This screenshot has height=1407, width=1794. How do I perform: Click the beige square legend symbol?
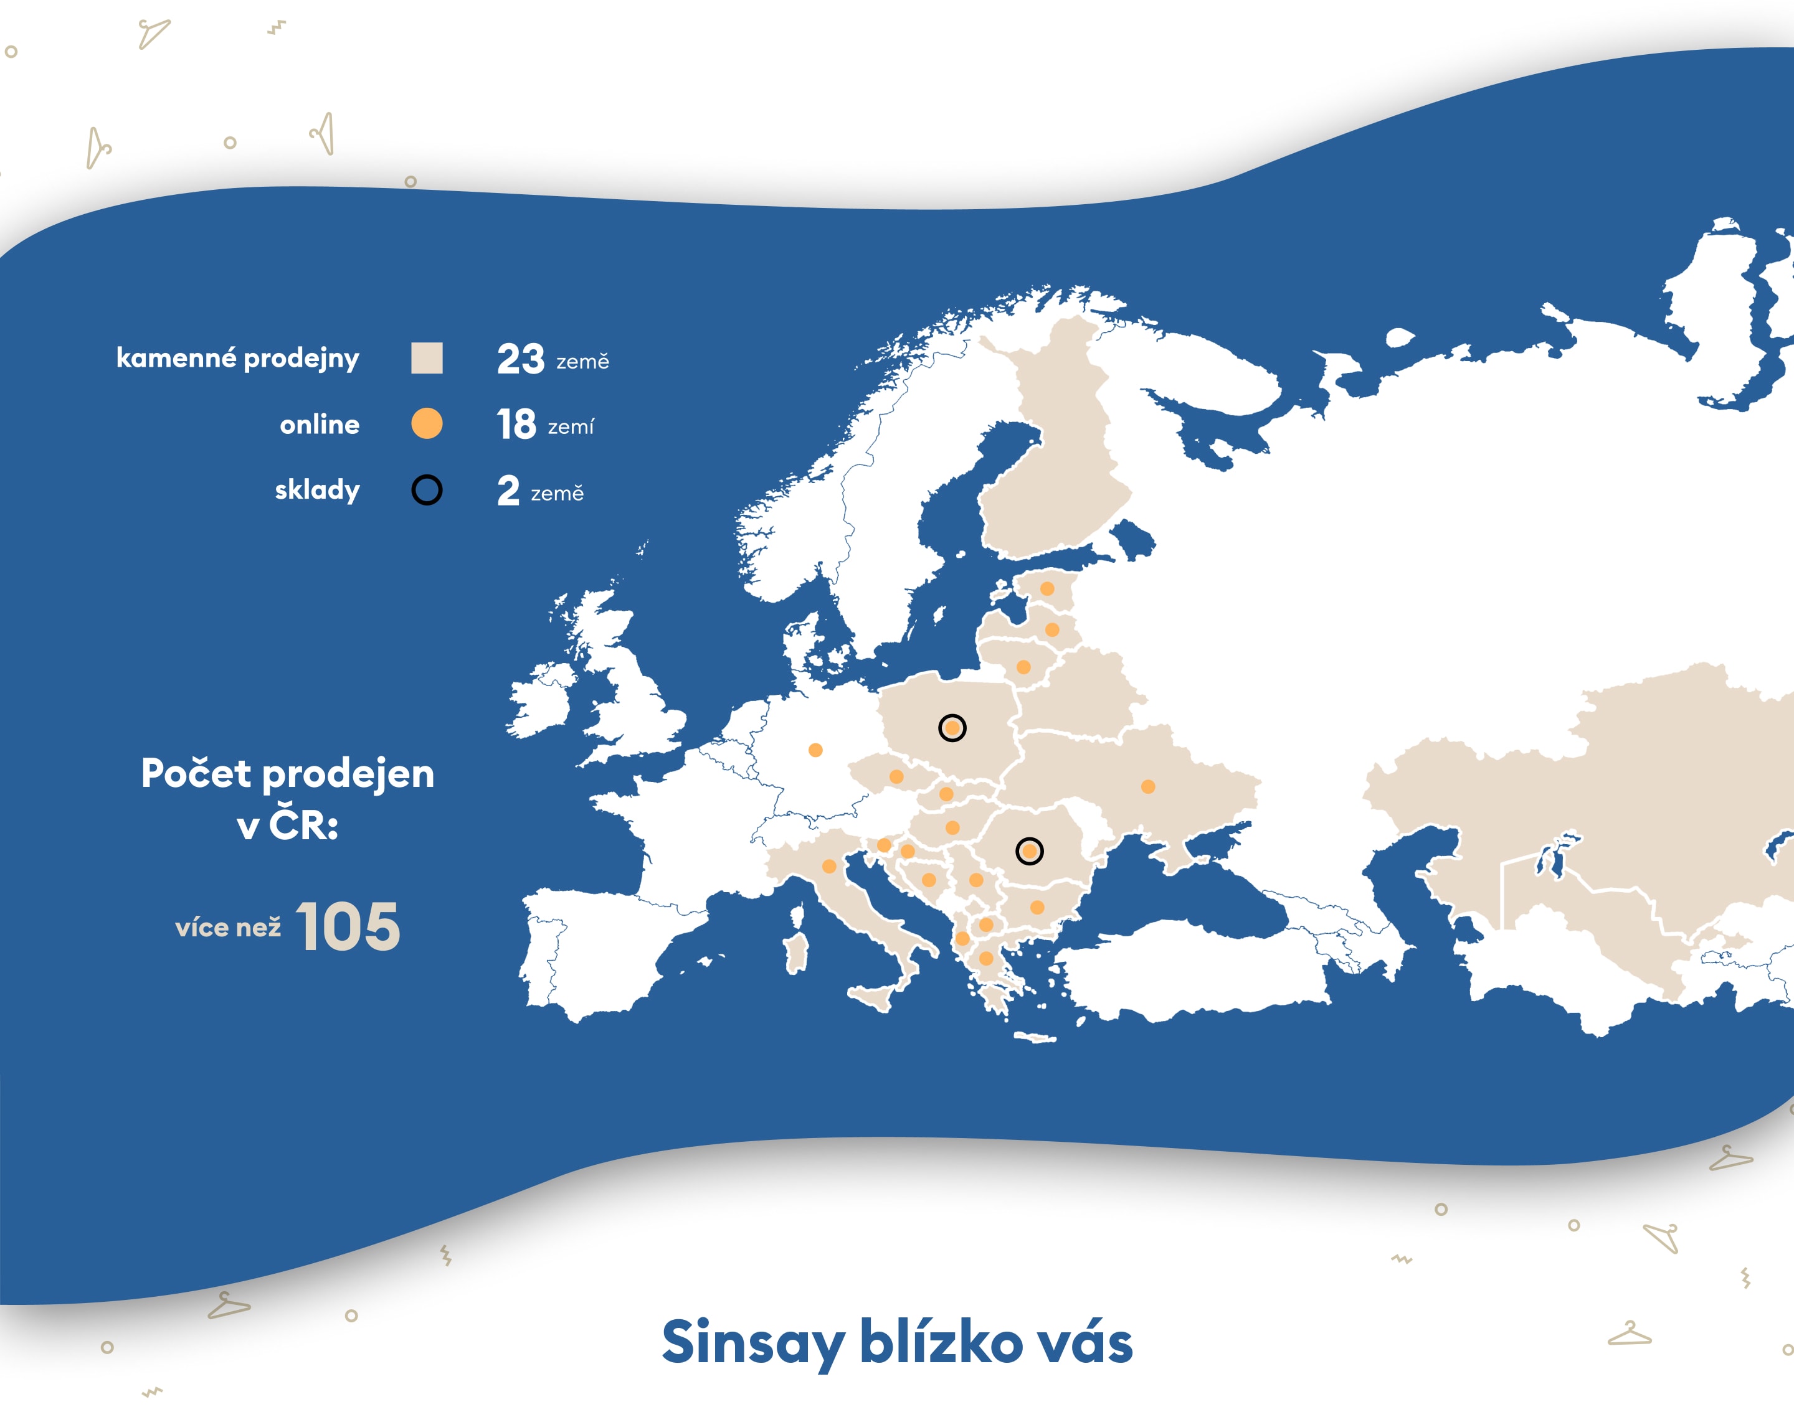pos(427,359)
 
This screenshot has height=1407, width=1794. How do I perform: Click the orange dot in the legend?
pos(427,423)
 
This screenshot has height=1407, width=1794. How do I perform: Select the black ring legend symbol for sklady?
pos(427,490)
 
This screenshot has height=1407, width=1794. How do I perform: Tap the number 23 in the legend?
pos(520,359)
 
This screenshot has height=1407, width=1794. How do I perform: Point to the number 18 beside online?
pos(516,425)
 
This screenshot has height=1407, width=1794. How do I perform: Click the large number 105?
pos(348,927)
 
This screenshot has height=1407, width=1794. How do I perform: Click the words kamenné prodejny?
pos(238,359)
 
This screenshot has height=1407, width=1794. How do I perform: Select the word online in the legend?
pos(320,424)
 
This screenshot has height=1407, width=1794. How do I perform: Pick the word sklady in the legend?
pos(317,490)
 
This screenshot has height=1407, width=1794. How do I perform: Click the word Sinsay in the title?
pos(753,1344)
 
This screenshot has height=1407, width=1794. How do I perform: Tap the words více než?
pos(228,928)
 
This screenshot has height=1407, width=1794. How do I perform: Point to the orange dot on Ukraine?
pos(1148,787)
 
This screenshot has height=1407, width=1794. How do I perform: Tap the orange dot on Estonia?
pos(1047,589)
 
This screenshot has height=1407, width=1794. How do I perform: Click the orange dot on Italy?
pos(830,867)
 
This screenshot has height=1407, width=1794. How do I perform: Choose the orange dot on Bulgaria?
pos(1038,908)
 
